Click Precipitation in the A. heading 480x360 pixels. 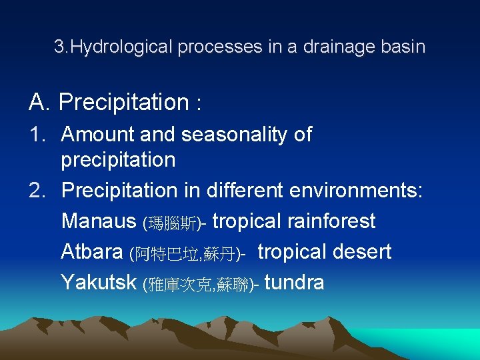pyautogui.click(x=123, y=103)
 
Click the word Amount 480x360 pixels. pyautogui.click(x=98, y=135)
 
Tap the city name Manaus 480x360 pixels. pyautogui.click(x=99, y=221)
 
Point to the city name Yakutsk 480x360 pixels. pyautogui.click(x=99, y=283)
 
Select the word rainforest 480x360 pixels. pyautogui.click(x=331, y=221)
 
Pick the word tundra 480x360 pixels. pyautogui.click(x=294, y=283)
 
